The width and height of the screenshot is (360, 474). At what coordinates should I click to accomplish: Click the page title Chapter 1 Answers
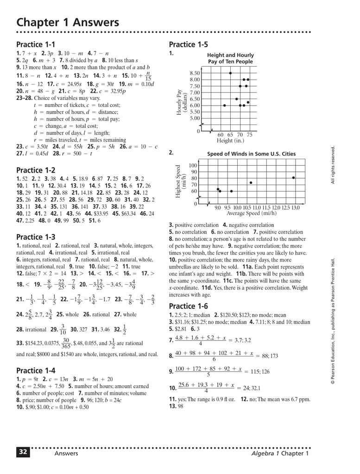click(x=68, y=22)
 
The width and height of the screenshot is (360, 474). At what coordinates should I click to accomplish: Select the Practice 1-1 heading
click(x=36, y=44)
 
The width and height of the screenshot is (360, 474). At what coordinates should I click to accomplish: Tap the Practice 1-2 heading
click(x=36, y=170)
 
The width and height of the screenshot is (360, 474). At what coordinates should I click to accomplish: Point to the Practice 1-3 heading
click(x=36, y=237)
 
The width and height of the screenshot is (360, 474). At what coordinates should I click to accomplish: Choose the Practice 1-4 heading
click(x=36, y=370)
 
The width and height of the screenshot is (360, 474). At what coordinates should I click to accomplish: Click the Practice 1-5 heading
click(x=189, y=44)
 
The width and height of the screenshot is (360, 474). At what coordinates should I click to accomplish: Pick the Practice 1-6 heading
click(x=189, y=306)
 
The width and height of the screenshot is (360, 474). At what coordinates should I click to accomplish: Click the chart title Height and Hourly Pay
click(x=230, y=58)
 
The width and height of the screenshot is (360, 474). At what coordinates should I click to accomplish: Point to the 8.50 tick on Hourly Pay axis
click(x=195, y=73)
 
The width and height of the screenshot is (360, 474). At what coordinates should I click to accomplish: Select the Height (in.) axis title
click(x=230, y=141)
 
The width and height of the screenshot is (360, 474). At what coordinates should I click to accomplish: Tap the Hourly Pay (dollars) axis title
click(x=181, y=102)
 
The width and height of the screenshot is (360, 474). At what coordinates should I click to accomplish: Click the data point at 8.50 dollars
click(x=230, y=73)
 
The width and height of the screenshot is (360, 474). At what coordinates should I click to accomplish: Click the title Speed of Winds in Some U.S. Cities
click(x=251, y=154)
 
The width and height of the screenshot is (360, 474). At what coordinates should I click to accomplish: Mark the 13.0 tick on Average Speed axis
click(x=296, y=208)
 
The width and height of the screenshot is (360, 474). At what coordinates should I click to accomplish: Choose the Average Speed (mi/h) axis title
click(x=251, y=213)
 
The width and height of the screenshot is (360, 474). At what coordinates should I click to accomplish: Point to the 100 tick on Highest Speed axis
click(x=193, y=166)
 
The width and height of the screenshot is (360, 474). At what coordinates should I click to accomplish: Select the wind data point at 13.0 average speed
click(x=293, y=178)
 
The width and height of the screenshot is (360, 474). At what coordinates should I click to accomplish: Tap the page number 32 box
click(x=23, y=453)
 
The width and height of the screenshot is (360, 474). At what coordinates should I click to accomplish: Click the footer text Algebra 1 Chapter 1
click(x=280, y=453)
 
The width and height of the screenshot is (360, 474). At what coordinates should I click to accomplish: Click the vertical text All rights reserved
click(x=333, y=164)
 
